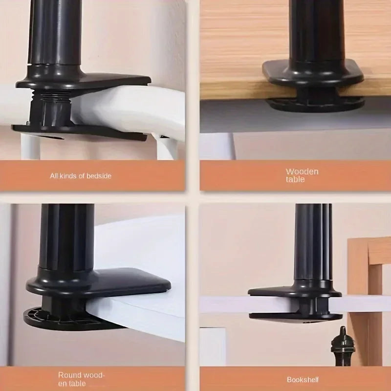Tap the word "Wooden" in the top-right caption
point(302,172)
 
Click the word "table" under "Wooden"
point(296,179)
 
